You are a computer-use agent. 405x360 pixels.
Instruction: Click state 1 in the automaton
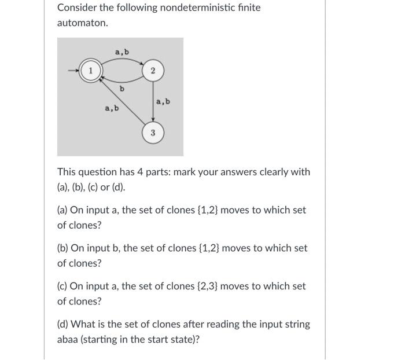click(x=90, y=71)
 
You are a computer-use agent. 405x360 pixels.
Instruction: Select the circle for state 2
click(x=152, y=71)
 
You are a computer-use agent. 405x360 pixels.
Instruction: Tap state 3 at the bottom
click(x=152, y=133)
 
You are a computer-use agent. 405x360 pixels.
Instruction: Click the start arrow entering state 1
click(x=73, y=71)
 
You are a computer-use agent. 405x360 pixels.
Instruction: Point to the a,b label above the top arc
click(x=122, y=53)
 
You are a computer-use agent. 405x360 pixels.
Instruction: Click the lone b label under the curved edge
click(x=122, y=89)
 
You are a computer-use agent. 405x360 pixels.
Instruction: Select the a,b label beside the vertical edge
click(x=163, y=102)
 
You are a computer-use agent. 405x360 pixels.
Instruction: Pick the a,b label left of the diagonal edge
click(x=111, y=108)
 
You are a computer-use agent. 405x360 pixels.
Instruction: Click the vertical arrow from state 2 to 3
click(x=152, y=101)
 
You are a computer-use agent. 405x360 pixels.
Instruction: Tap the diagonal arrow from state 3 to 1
click(x=123, y=101)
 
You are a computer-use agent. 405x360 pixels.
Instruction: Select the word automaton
click(x=82, y=23)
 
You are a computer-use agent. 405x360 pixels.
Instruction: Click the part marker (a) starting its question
click(x=62, y=210)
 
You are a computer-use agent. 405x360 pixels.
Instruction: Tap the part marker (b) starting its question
click(x=62, y=248)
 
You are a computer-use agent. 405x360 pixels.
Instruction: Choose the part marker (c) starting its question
click(x=62, y=286)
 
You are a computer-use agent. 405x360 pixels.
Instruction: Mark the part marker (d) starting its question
click(x=62, y=324)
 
